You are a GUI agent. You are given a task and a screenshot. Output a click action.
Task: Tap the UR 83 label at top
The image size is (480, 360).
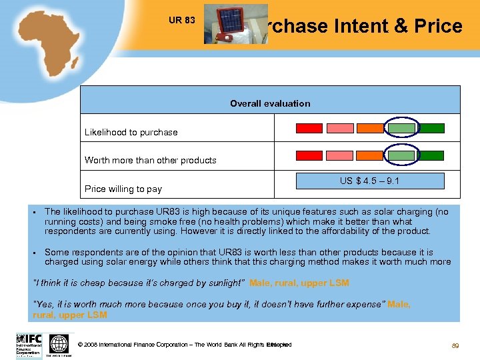pyautogui.click(x=182, y=20)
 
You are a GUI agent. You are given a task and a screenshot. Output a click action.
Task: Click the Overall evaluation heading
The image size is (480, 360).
pyautogui.click(x=270, y=103)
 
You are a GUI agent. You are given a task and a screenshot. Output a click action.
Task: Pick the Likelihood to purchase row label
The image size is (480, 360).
pyautogui.click(x=131, y=132)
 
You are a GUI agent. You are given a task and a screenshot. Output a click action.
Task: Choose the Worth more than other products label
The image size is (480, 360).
pyautogui.click(x=150, y=160)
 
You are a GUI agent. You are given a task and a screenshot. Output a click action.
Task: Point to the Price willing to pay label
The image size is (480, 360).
pyautogui.click(x=123, y=189)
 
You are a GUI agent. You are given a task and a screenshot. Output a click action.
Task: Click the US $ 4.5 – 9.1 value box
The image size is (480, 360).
pyautogui.click(x=369, y=181)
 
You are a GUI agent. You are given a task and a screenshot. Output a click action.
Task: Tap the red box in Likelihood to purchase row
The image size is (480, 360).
pyautogui.click(x=309, y=128)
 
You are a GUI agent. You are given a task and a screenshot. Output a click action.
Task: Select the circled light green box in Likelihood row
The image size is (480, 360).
pyautogui.click(x=401, y=128)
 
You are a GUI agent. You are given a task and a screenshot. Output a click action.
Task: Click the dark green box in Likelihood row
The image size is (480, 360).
pyautogui.click(x=431, y=128)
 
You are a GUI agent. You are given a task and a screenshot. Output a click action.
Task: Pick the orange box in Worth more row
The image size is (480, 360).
pyautogui.click(x=370, y=155)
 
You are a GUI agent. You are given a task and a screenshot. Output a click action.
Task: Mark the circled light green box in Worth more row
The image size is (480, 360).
pyautogui.click(x=401, y=155)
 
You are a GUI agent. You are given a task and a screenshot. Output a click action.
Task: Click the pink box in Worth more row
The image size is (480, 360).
pyautogui.click(x=339, y=155)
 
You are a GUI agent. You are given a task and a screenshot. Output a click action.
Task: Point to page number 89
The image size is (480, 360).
pyautogui.click(x=456, y=346)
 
